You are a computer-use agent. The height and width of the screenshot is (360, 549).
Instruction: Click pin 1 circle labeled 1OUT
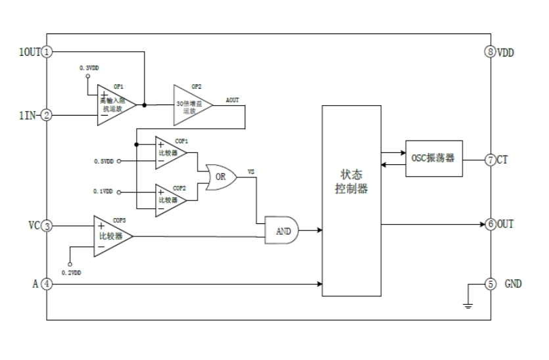point(47,51)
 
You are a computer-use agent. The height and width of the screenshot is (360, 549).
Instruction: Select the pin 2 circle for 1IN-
point(47,115)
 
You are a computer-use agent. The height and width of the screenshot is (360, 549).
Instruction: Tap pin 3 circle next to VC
point(47,226)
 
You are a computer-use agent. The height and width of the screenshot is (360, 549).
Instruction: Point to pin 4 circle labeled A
point(47,284)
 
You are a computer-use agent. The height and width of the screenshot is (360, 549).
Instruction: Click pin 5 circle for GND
point(490,284)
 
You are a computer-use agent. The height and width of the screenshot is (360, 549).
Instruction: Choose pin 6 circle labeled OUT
point(490,224)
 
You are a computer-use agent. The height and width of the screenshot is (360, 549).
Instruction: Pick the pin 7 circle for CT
point(490,160)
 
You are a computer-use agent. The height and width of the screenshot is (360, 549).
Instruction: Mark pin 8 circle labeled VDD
point(490,51)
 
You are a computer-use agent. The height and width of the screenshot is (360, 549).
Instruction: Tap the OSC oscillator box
point(433,159)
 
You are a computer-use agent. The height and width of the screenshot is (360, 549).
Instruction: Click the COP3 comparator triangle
point(110,235)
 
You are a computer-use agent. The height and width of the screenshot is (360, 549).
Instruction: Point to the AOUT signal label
point(232,100)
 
